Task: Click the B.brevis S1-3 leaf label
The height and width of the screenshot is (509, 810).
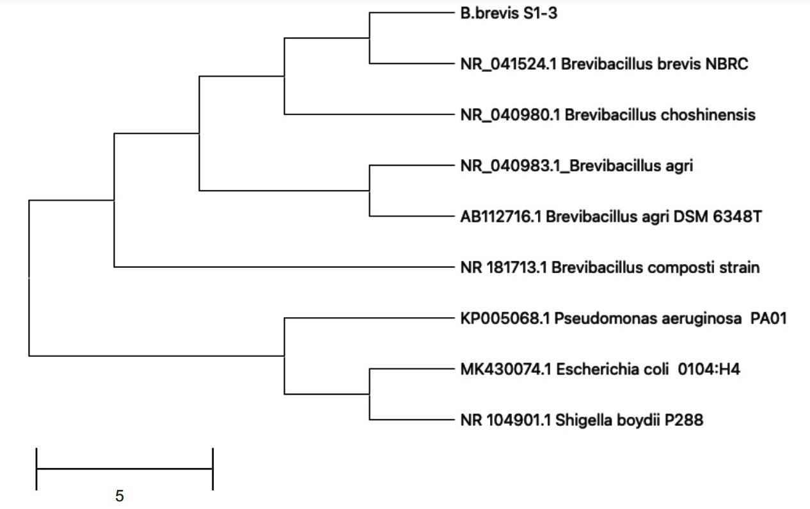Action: point(509,13)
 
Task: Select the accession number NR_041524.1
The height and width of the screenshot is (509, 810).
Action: point(508,65)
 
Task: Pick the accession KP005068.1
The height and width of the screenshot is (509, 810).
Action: point(505,319)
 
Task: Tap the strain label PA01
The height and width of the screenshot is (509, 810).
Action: point(768,319)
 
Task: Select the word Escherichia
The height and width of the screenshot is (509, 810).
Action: point(596,370)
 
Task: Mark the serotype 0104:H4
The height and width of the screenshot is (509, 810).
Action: point(709,370)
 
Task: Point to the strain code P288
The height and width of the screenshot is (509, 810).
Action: point(684,420)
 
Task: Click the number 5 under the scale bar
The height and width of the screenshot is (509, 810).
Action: point(120,496)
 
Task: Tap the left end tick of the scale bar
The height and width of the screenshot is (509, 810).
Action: point(36,469)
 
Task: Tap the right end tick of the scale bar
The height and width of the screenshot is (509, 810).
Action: point(213,469)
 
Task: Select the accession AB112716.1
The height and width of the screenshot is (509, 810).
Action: point(500,217)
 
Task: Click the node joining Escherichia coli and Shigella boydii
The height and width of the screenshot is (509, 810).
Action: point(369,394)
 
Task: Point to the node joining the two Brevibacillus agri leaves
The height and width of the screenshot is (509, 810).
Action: point(369,191)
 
